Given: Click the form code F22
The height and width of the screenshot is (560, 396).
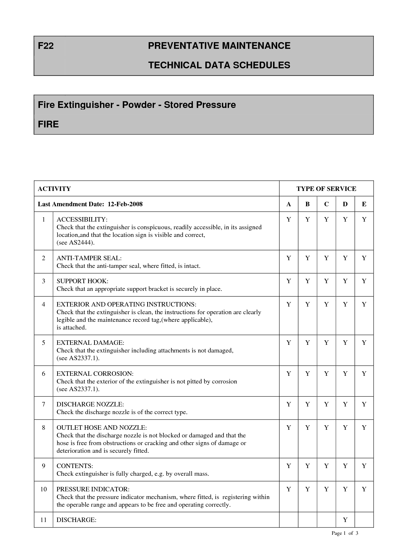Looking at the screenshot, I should pos(46,46).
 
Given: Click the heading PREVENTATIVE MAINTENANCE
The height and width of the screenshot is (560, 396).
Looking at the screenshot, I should pos(219,46).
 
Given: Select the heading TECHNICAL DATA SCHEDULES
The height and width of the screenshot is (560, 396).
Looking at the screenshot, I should pos(219,65).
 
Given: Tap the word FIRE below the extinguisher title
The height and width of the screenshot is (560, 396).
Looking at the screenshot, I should pos(48,124).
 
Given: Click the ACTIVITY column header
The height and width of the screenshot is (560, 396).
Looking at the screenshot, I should pos(54,189).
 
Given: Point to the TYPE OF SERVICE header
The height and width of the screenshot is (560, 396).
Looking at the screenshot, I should pos(326,189).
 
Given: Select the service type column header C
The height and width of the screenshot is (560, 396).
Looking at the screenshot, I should pos(326,204).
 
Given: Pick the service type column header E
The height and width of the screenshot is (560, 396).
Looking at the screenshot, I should pos(364,204).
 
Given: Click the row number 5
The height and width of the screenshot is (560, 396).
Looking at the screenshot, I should pos(43,343).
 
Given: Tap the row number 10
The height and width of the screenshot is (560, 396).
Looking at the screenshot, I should pos(43,489).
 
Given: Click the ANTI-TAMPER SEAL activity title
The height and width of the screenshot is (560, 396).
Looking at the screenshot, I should pos(89,258).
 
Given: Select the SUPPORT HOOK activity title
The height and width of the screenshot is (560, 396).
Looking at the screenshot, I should pos(82,281).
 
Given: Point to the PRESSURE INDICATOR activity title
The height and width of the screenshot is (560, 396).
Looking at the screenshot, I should pos(93,489).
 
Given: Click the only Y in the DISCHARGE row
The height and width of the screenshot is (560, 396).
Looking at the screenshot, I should pos(345,520).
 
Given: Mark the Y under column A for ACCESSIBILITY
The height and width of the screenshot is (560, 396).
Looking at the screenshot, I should pos(289,220).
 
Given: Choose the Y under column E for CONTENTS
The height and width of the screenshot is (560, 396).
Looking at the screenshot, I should pos(364,466).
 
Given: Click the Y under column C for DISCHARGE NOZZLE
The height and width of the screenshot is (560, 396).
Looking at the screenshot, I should pos(326,405).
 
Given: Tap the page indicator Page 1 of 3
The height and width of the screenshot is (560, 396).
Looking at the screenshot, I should pos(345,533).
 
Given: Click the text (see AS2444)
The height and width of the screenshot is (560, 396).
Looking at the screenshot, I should pos(76,243).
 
